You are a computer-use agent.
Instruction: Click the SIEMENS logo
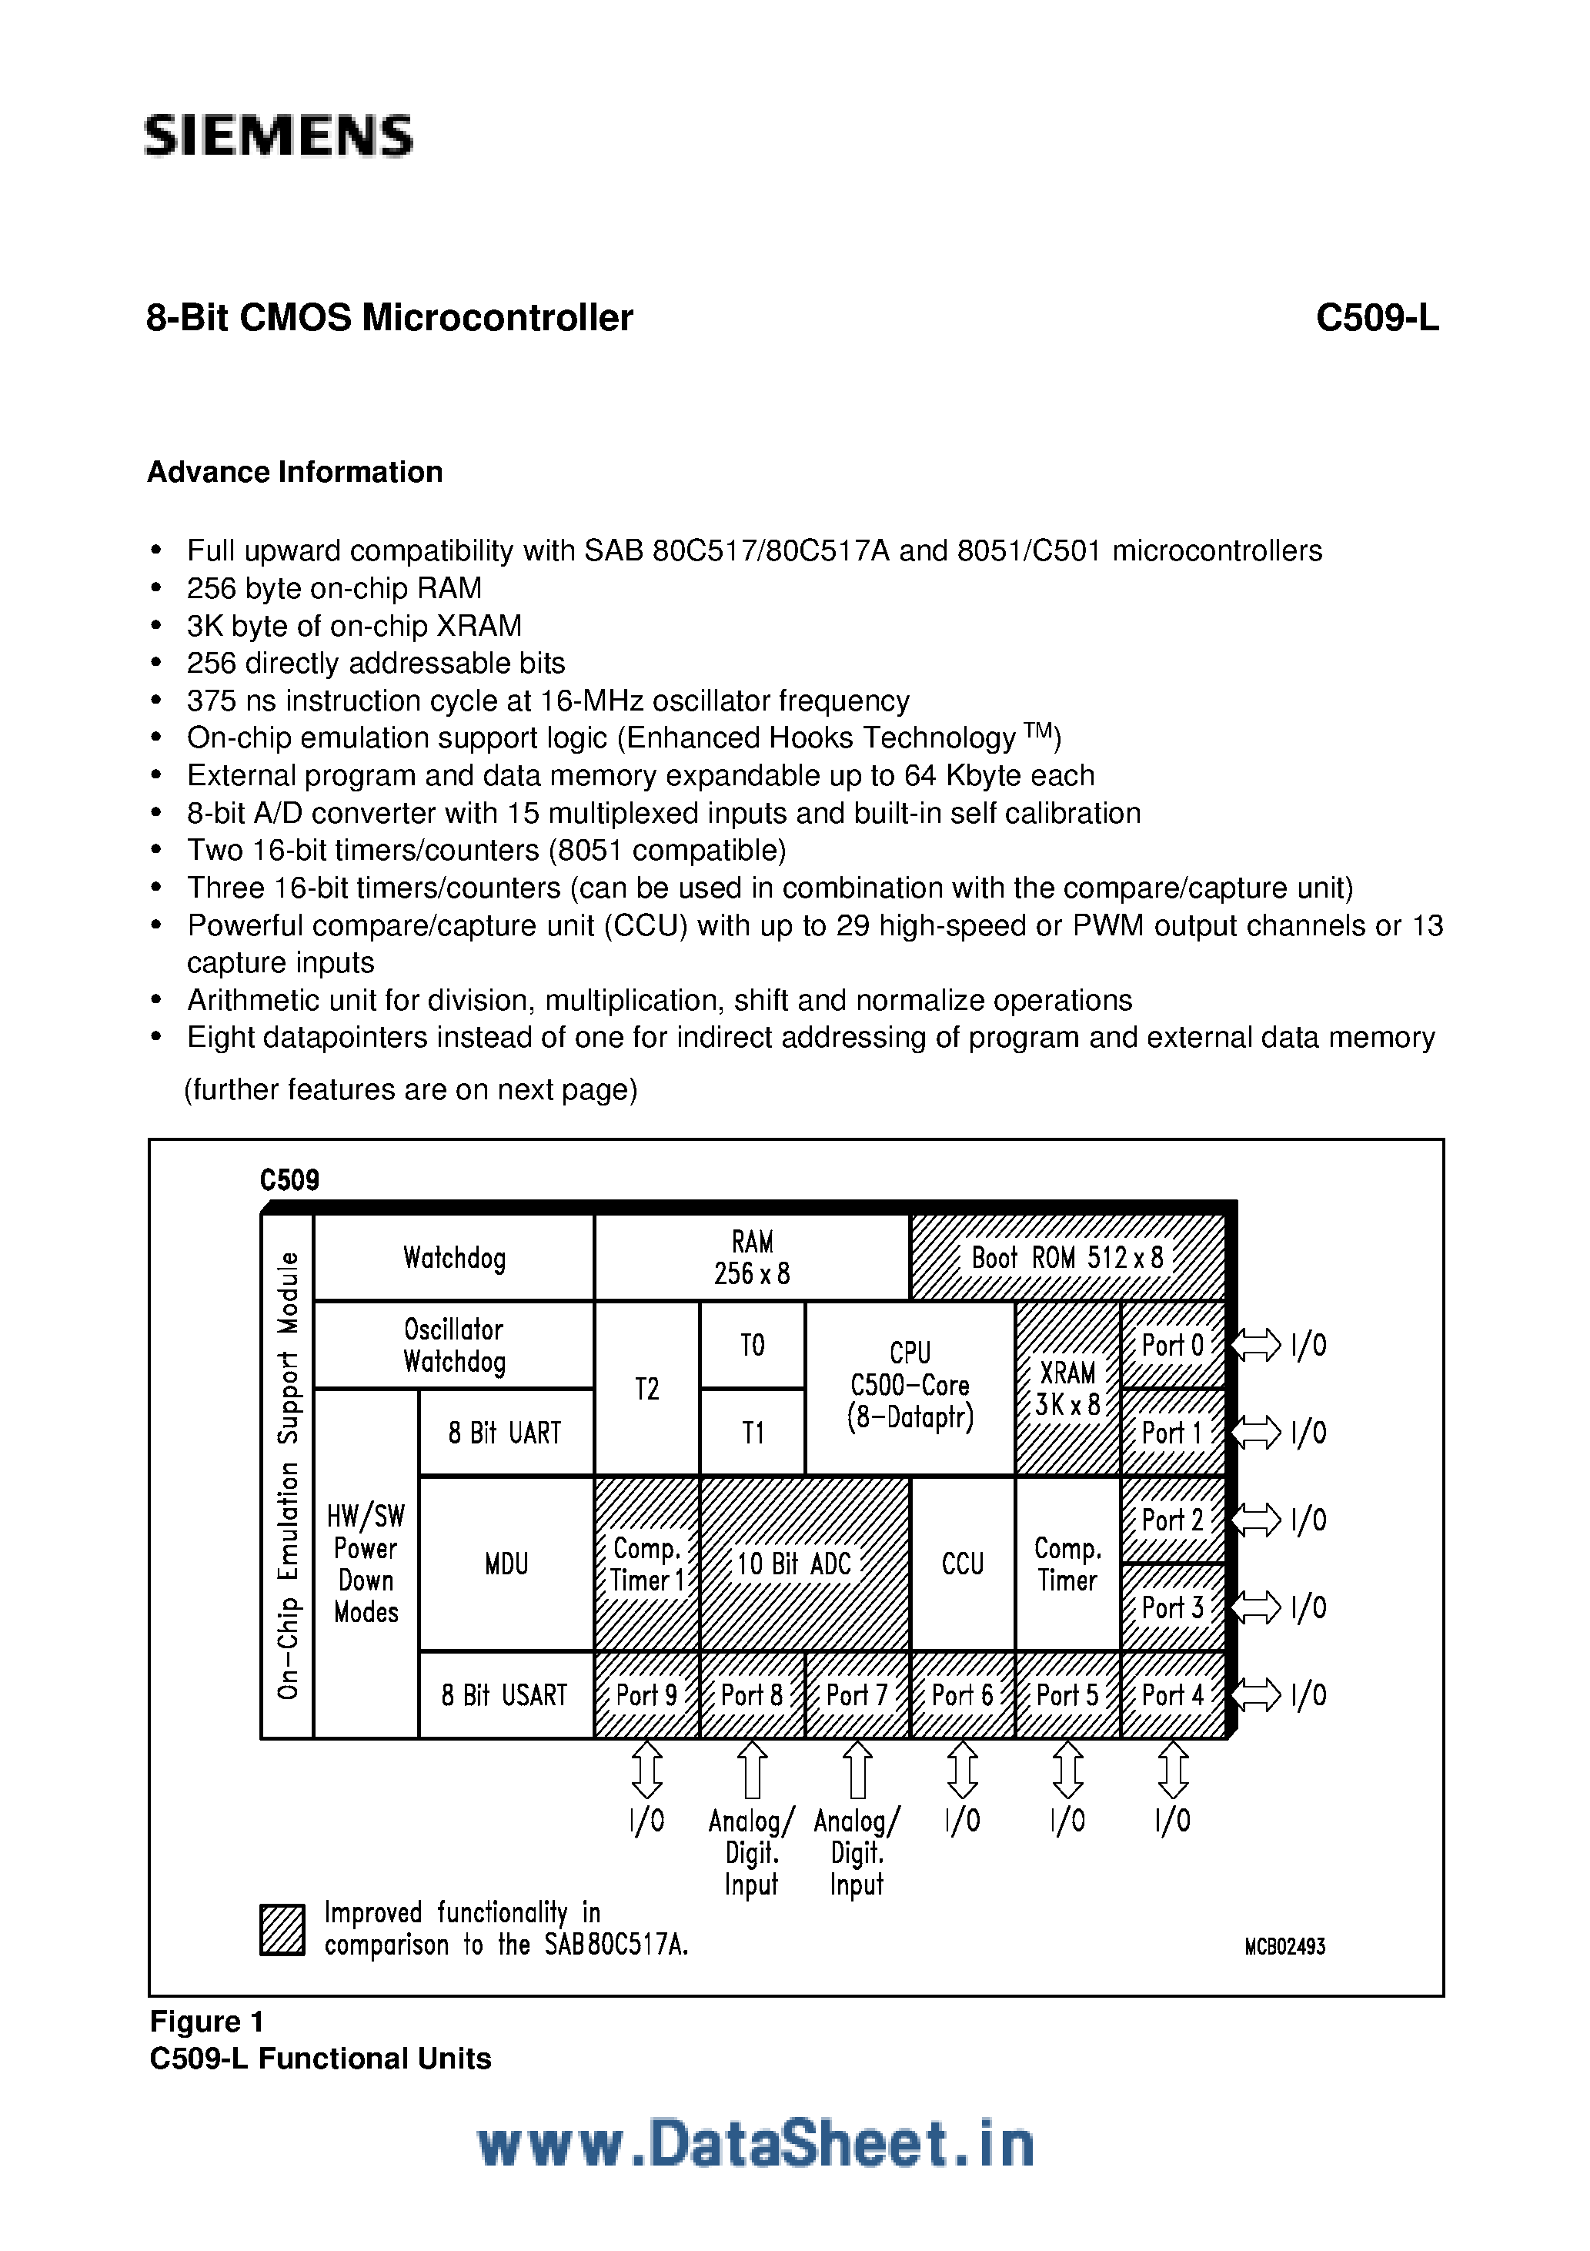(x=279, y=135)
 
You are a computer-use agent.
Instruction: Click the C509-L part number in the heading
(x=1376, y=318)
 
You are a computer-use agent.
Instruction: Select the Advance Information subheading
(x=295, y=472)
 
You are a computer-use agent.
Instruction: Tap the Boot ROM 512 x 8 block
(x=1067, y=1258)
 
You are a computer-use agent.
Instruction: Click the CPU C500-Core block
(x=910, y=1386)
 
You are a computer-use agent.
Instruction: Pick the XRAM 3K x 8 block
(x=1067, y=1387)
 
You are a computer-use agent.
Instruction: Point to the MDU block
(x=506, y=1564)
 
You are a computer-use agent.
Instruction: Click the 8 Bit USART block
(x=505, y=1695)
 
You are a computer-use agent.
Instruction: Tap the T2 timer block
(x=647, y=1388)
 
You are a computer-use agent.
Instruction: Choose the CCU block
(x=963, y=1564)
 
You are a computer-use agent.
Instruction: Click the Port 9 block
(x=647, y=1695)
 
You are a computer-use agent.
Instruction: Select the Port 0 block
(x=1172, y=1345)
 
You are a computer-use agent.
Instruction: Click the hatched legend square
(x=282, y=1929)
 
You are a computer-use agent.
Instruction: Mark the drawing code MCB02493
(x=1284, y=1947)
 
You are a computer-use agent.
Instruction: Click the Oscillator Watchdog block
(x=454, y=1345)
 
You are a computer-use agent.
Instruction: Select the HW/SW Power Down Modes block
(x=366, y=1564)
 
